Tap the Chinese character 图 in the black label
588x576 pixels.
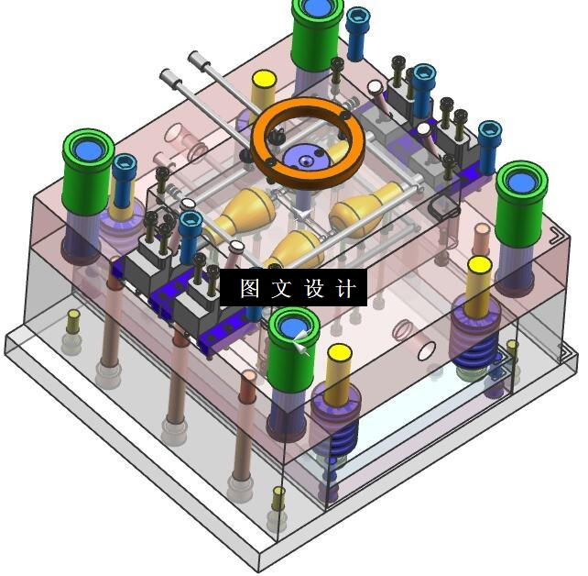250,288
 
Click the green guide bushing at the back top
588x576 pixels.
318,34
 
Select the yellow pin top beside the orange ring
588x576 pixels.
265,79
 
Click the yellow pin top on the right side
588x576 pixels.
480,265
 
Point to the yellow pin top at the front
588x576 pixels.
340,353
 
